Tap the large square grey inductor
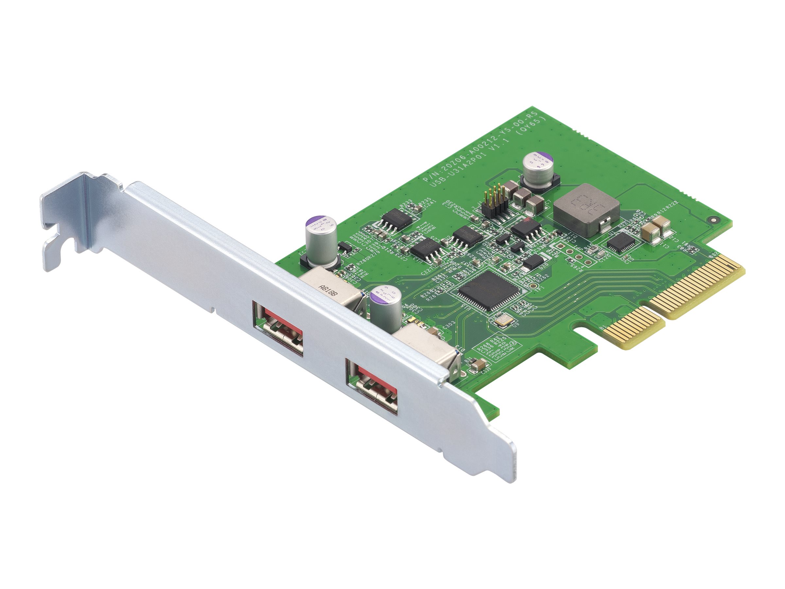click(586, 209)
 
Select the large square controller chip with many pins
click(489, 291)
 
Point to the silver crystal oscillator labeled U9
click(503, 321)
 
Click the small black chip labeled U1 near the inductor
click(621, 242)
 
